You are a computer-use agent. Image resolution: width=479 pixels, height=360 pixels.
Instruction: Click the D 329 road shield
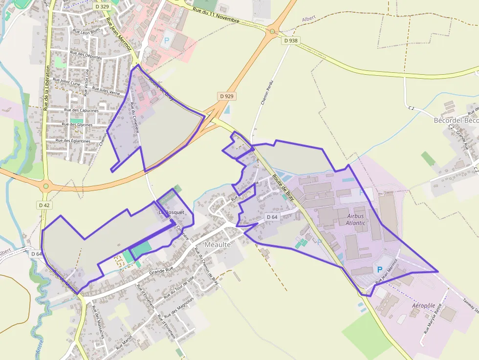[x=103, y=7]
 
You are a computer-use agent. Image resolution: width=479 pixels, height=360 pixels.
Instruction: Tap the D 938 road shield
[x=290, y=41]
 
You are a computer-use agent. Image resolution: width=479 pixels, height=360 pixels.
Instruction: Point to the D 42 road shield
[x=44, y=205]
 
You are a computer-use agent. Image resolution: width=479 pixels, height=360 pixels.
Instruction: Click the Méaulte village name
[x=218, y=244]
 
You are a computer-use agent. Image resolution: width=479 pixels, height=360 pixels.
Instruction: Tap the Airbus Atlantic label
[x=356, y=219]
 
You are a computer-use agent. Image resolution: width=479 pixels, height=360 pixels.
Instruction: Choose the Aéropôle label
[x=423, y=305]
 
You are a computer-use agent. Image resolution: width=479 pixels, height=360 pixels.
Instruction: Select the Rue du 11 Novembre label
[x=216, y=15]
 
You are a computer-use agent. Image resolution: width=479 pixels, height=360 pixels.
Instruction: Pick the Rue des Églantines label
[x=73, y=141]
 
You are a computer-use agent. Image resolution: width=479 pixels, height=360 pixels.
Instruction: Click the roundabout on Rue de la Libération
[x=46, y=186]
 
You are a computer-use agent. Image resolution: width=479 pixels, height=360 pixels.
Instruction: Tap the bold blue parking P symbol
[x=379, y=270]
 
